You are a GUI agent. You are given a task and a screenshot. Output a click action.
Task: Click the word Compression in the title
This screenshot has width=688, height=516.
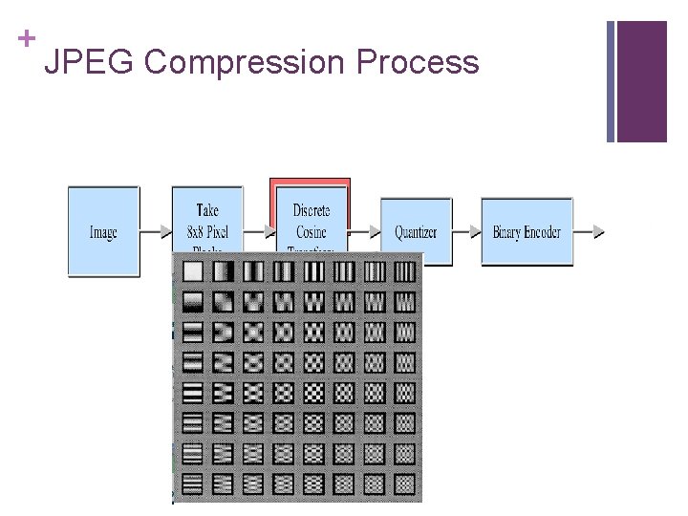coord(243,62)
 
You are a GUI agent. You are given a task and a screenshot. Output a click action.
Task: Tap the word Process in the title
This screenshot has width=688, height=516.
coord(418,62)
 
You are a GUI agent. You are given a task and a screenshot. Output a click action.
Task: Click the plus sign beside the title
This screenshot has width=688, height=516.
coord(27,38)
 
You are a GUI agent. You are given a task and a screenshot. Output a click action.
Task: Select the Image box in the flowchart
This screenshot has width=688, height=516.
coord(103,232)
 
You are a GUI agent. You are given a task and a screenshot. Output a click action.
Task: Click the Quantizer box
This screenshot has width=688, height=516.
coord(416,232)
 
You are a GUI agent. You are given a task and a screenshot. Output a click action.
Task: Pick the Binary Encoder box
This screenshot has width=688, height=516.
coord(527,232)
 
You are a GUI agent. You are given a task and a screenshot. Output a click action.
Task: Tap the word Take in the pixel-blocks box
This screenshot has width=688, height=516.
coord(207,211)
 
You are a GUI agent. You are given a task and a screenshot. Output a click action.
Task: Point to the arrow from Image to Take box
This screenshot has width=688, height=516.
coord(155,232)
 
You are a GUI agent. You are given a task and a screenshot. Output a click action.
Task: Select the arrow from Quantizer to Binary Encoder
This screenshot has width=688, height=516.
coord(465,232)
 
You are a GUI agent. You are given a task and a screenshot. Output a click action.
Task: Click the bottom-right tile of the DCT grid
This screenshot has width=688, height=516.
coord(405,484)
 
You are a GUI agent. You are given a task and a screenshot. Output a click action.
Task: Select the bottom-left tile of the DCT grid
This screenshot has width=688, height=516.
coord(193,484)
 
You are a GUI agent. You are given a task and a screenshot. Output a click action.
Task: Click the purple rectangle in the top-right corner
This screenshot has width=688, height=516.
coord(641,81)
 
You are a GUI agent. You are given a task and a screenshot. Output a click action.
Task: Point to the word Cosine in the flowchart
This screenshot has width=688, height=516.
coord(312,232)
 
